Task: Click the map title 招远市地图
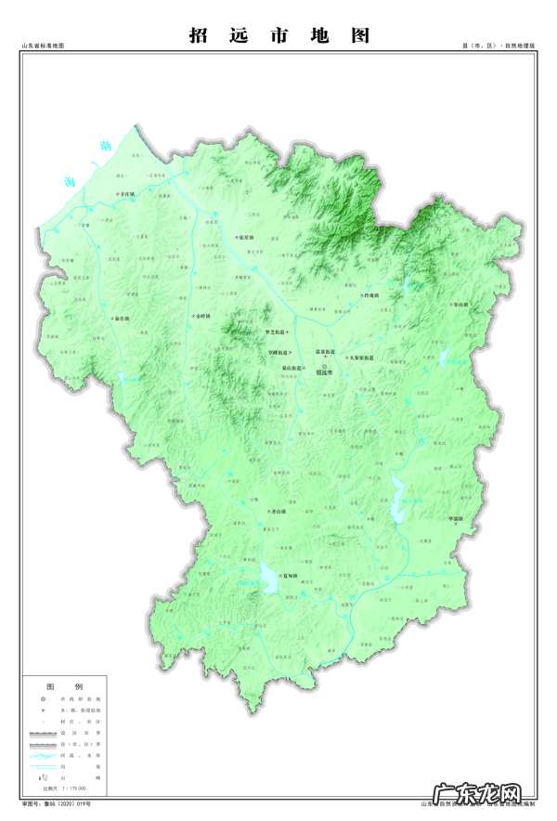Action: point(279,35)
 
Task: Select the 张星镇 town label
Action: point(245,238)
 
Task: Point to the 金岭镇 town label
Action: point(201,317)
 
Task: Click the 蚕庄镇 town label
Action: point(121,318)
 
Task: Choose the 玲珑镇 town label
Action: point(371,295)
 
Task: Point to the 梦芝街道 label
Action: point(276,332)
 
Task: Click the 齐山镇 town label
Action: point(276,512)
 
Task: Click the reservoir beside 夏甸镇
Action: point(269,579)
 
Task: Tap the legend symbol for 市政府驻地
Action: point(42,697)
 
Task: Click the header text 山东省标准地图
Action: point(43,46)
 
